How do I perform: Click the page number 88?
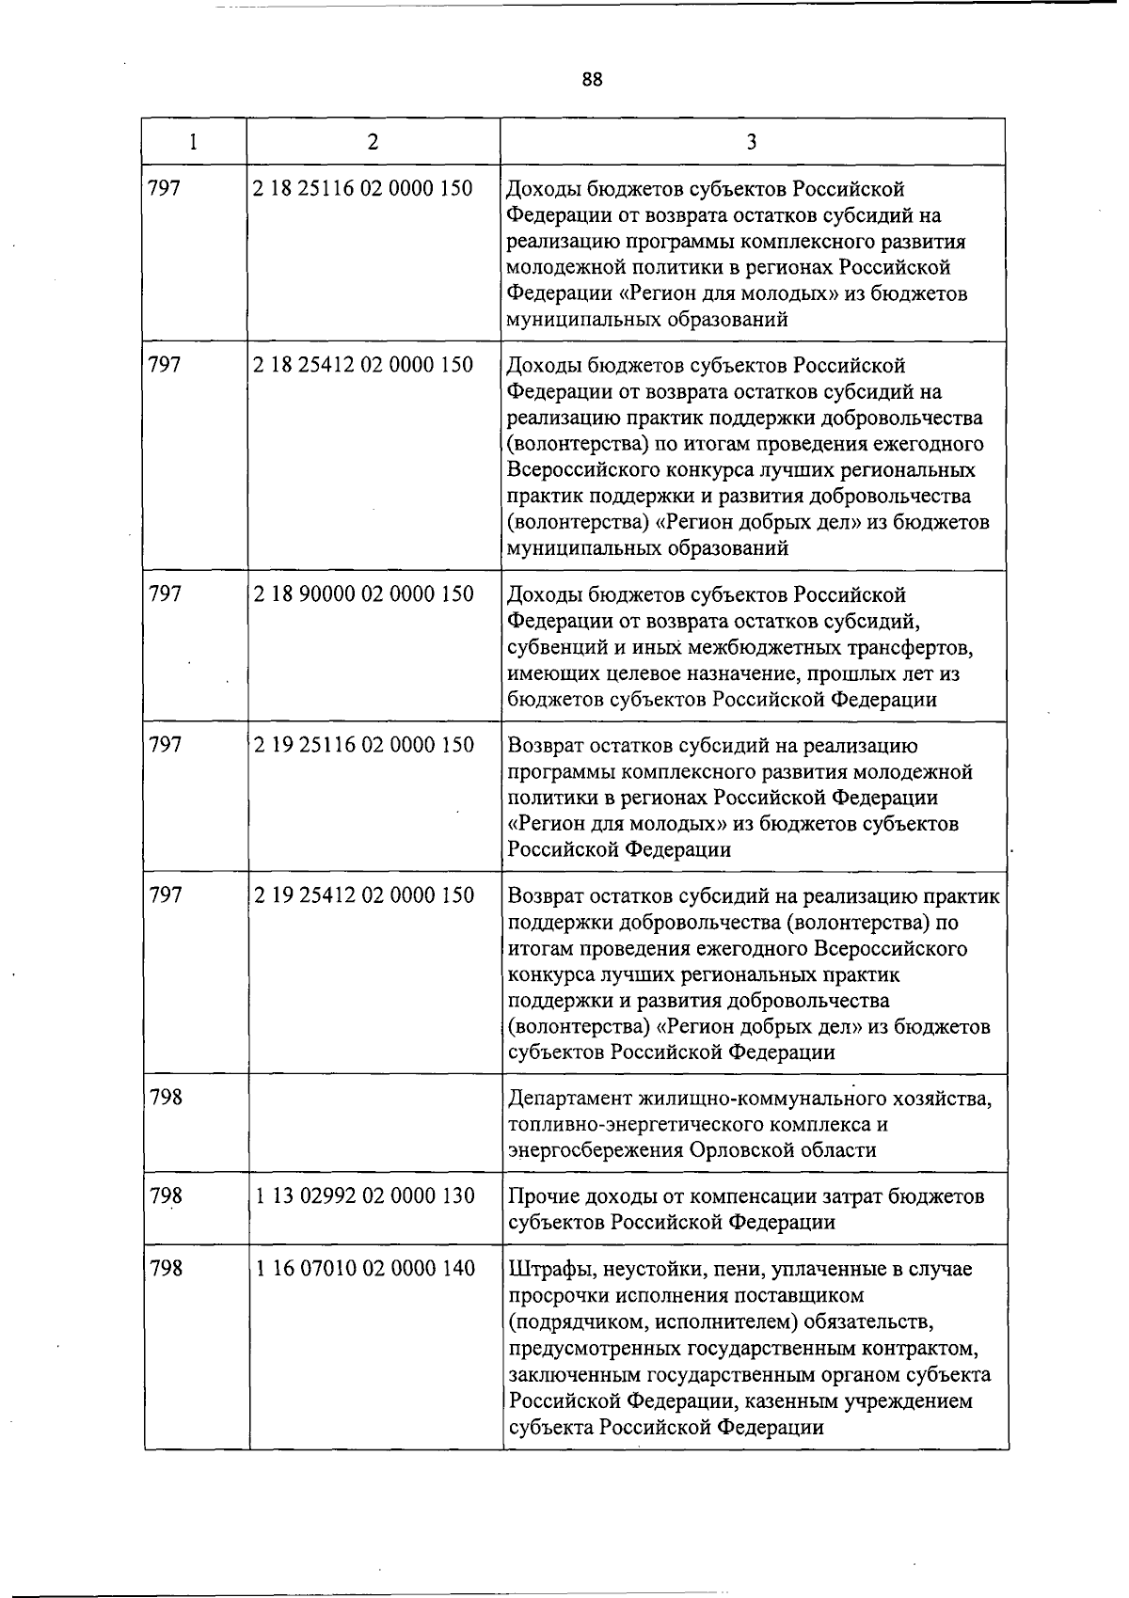[592, 79]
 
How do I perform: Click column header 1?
[193, 142]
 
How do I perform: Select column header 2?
[374, 142]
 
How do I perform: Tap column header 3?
[752, 142]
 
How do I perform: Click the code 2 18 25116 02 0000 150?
[363, 188]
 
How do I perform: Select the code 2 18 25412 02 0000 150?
[363, 365]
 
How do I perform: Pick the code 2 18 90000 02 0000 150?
[363, 594]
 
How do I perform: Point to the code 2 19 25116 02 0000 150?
[363, 745]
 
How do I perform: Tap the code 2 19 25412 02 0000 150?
[363, 895]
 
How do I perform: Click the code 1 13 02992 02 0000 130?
[363, 1196]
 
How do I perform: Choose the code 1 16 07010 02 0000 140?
[363, 1269]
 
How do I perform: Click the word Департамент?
[569, 1099]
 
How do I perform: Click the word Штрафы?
[542, 1270]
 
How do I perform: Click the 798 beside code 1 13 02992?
[166, 1196]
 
